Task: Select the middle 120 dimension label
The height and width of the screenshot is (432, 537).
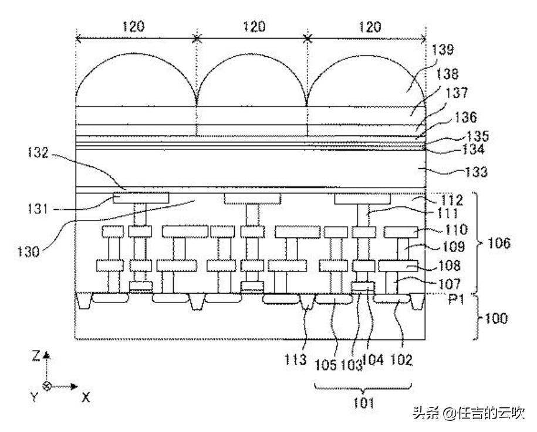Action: (253, 26)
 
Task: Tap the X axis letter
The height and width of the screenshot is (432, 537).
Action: (86, 397)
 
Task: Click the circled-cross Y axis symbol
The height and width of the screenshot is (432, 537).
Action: (47, 387)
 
